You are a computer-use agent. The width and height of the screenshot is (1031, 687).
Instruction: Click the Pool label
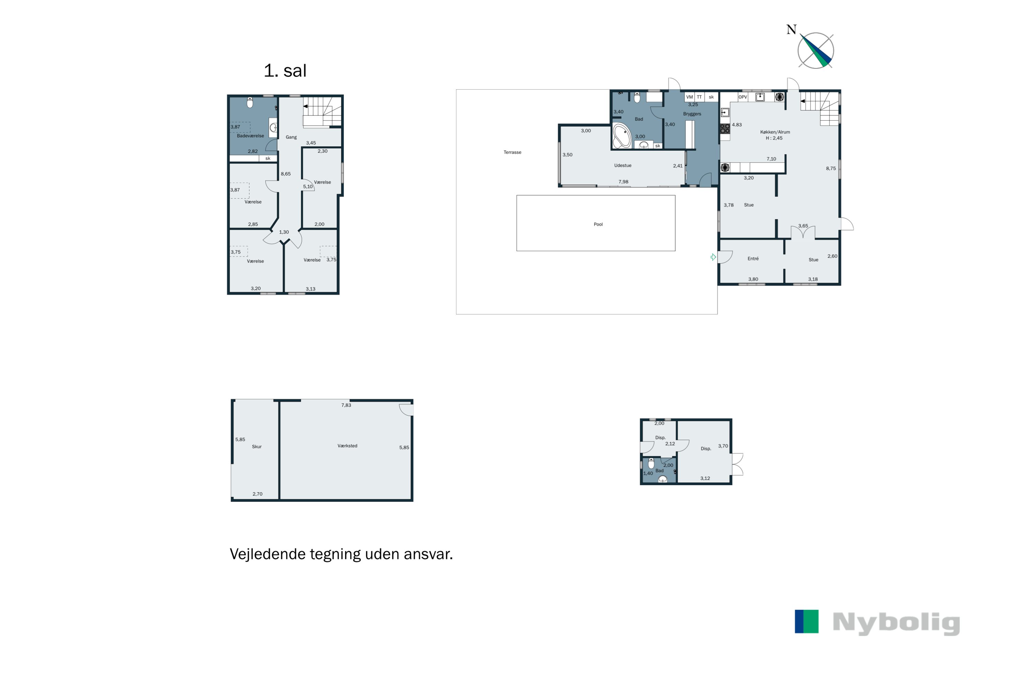(598, 224)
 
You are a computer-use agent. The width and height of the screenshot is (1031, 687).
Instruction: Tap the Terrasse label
(512, 153)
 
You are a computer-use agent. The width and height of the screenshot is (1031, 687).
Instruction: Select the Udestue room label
(622, 166)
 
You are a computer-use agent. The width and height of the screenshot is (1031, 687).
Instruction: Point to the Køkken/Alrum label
(775, 132)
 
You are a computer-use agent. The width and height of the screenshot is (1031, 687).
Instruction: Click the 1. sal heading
(285, 70)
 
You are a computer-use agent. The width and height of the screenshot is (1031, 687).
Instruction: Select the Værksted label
(347, 446)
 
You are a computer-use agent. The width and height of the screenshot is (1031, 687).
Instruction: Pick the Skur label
(256, 447)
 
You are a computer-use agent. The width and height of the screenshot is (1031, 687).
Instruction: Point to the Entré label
(753, 259)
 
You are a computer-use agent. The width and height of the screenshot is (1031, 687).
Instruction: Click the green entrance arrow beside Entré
(713, 257)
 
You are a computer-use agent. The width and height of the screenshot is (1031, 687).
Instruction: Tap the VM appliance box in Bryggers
(689, 97)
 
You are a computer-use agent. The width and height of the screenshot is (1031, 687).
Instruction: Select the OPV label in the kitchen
(743, 97)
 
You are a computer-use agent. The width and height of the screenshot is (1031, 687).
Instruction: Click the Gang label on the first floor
(291, 137)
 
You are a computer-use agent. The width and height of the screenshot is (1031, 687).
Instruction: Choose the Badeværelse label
(250, 136)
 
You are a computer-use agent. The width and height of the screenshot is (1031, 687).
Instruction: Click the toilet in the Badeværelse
(250, 102)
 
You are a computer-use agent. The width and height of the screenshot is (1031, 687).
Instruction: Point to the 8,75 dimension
(831, 168)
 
